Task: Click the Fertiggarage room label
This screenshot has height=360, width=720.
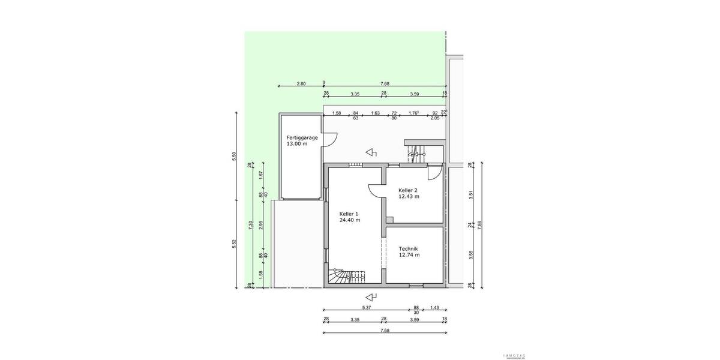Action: coord(301,137)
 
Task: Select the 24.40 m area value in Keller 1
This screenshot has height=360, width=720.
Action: coord(350,220)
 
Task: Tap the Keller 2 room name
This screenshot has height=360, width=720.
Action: coord(409,190)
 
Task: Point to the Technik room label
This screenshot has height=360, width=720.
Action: coord(408,248)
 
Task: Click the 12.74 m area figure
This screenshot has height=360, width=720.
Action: coord(409,255)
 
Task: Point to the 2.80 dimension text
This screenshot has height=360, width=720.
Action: coord(301,83)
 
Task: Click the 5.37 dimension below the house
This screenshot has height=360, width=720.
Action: coord(366,307)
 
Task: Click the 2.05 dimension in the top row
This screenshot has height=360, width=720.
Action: coord(435,118)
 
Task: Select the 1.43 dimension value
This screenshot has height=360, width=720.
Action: coord(435,307)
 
